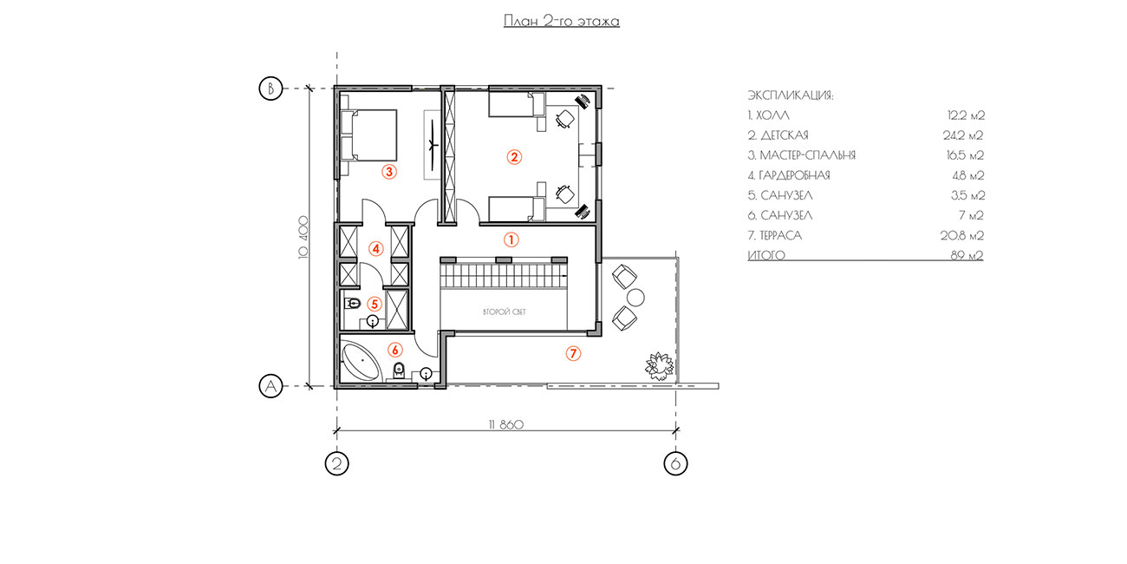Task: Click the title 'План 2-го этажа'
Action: pyautogui.click(x=562, y=21)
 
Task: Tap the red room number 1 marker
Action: pyautogui.click(x=511, y=240)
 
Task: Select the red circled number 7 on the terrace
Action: pyautogui.click(x=573, y=353)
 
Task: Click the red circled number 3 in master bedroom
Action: pyautogui.click(x=389, y=172)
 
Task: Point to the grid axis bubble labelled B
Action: pyautogui.click(x=270, y=89)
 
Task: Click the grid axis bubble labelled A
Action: pyautogui.click(x=270, y=386)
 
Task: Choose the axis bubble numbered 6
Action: pyautogui.click(x=675, y=463)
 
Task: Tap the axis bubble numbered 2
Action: pyautogui.click(x=337, y=463)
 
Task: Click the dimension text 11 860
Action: pyautogui.click(x=506, y=425)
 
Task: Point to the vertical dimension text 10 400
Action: pyautogui.click(x=303, y=237)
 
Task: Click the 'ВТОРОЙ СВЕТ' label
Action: pyautogui.click(x=505, y=312)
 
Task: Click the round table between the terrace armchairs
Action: pyautogui.click(x=636, y=298)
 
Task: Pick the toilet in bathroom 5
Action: pyautogui.click(x=352, y=303)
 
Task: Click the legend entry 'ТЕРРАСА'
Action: pyautogui.click(x=780, y=236)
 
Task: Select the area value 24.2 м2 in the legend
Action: pyautogui.click(x=963, y=135)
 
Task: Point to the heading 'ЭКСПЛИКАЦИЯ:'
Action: pyautogui.click(x=791, y=95)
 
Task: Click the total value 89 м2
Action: pyautogui.click(x=967, y=255)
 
